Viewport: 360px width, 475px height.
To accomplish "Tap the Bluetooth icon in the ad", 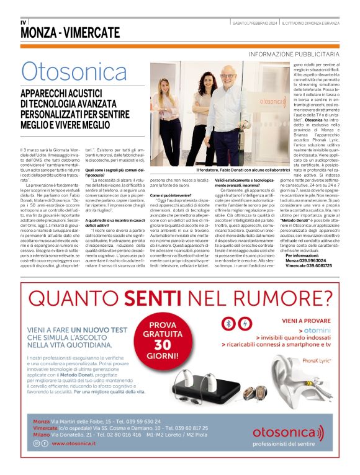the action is tap(228, 324).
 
